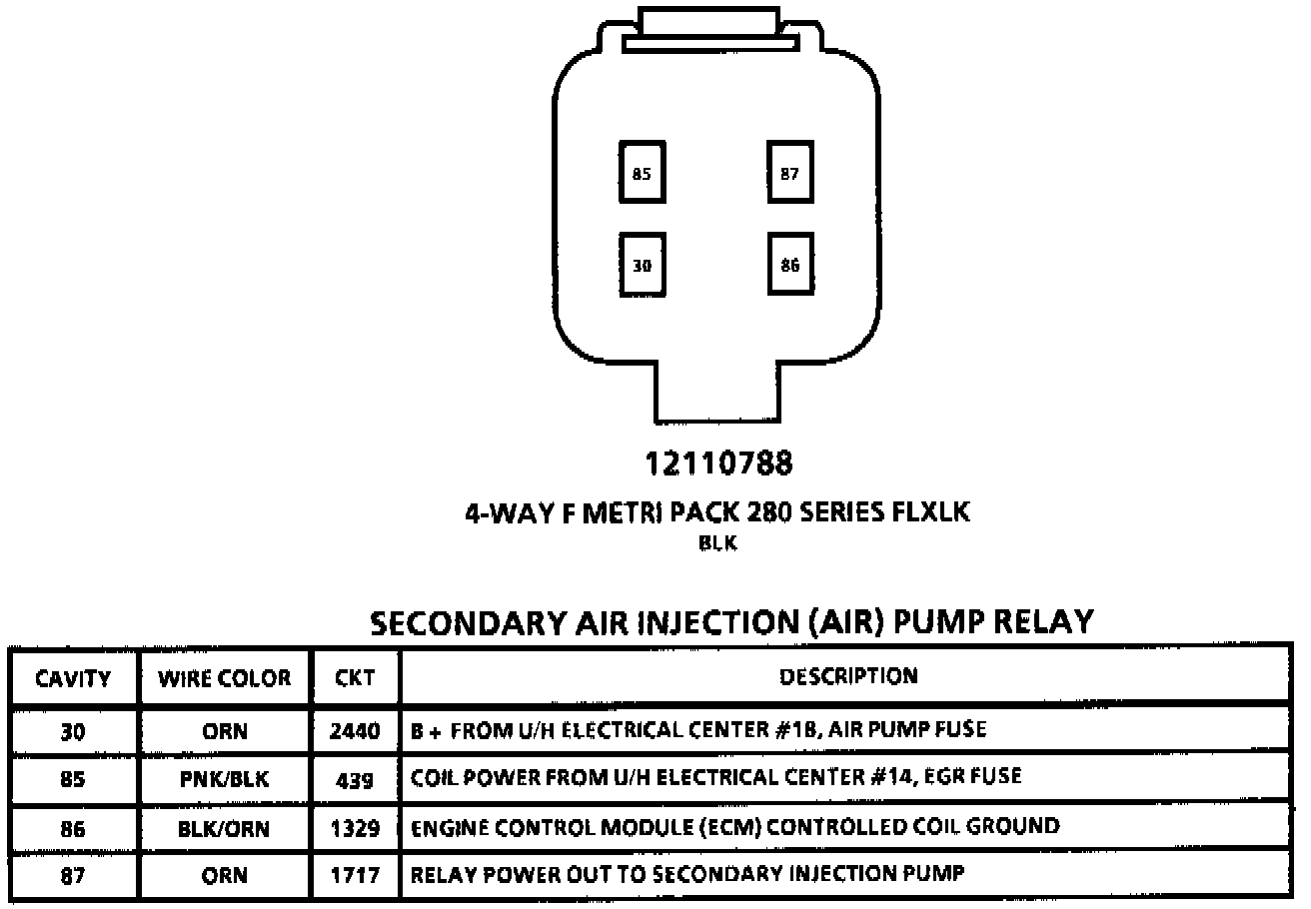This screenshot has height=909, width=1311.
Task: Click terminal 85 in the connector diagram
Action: point(642,173)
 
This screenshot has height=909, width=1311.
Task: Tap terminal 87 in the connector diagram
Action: point(790,173)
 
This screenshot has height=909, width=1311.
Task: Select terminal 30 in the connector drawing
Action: point(642,266)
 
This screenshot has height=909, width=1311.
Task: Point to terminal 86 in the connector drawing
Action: point(790,266)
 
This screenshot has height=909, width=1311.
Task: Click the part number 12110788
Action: point(719,464)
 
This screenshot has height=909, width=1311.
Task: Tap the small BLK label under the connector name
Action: point(718,544)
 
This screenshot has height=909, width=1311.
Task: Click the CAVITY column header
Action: point(73,679)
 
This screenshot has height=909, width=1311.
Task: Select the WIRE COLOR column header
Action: point(225,679)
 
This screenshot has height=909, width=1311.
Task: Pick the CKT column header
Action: point(355,679)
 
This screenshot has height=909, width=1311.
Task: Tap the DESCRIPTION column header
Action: point(847,677)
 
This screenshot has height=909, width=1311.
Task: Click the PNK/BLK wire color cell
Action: point(225,779)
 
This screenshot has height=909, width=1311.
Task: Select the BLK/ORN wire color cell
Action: point(225,828)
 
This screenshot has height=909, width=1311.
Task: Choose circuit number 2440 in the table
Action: point(355,731)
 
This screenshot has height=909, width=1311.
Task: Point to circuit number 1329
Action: point(355,828)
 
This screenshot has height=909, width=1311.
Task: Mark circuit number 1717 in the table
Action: point(355,876)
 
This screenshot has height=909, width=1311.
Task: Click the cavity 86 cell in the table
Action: point(73,828)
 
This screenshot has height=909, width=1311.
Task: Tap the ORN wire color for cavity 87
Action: point(225,876)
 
